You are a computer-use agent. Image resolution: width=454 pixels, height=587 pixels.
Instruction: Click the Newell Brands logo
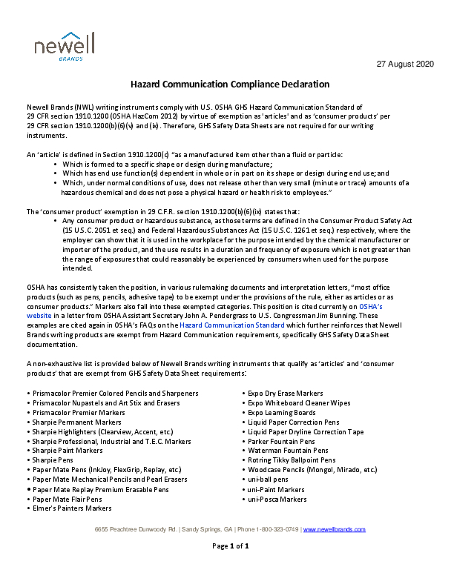[x=65, y=47]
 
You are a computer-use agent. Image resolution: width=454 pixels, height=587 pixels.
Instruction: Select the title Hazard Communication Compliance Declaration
[x=225, y=84]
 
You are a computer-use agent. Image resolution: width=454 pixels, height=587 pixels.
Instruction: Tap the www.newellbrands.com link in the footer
[x=335, y=529]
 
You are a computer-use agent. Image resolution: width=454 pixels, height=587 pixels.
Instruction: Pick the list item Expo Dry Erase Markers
[x=286, y=393]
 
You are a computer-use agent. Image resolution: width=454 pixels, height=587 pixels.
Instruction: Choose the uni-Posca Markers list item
[x=277, y=499]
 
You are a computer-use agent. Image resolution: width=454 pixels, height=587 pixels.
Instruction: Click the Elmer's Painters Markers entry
[x=72, y=508]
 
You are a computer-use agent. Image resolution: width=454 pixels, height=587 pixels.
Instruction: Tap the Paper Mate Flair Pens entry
[x=68, y=499]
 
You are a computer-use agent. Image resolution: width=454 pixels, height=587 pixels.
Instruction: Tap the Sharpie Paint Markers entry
[x=68, y=451]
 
